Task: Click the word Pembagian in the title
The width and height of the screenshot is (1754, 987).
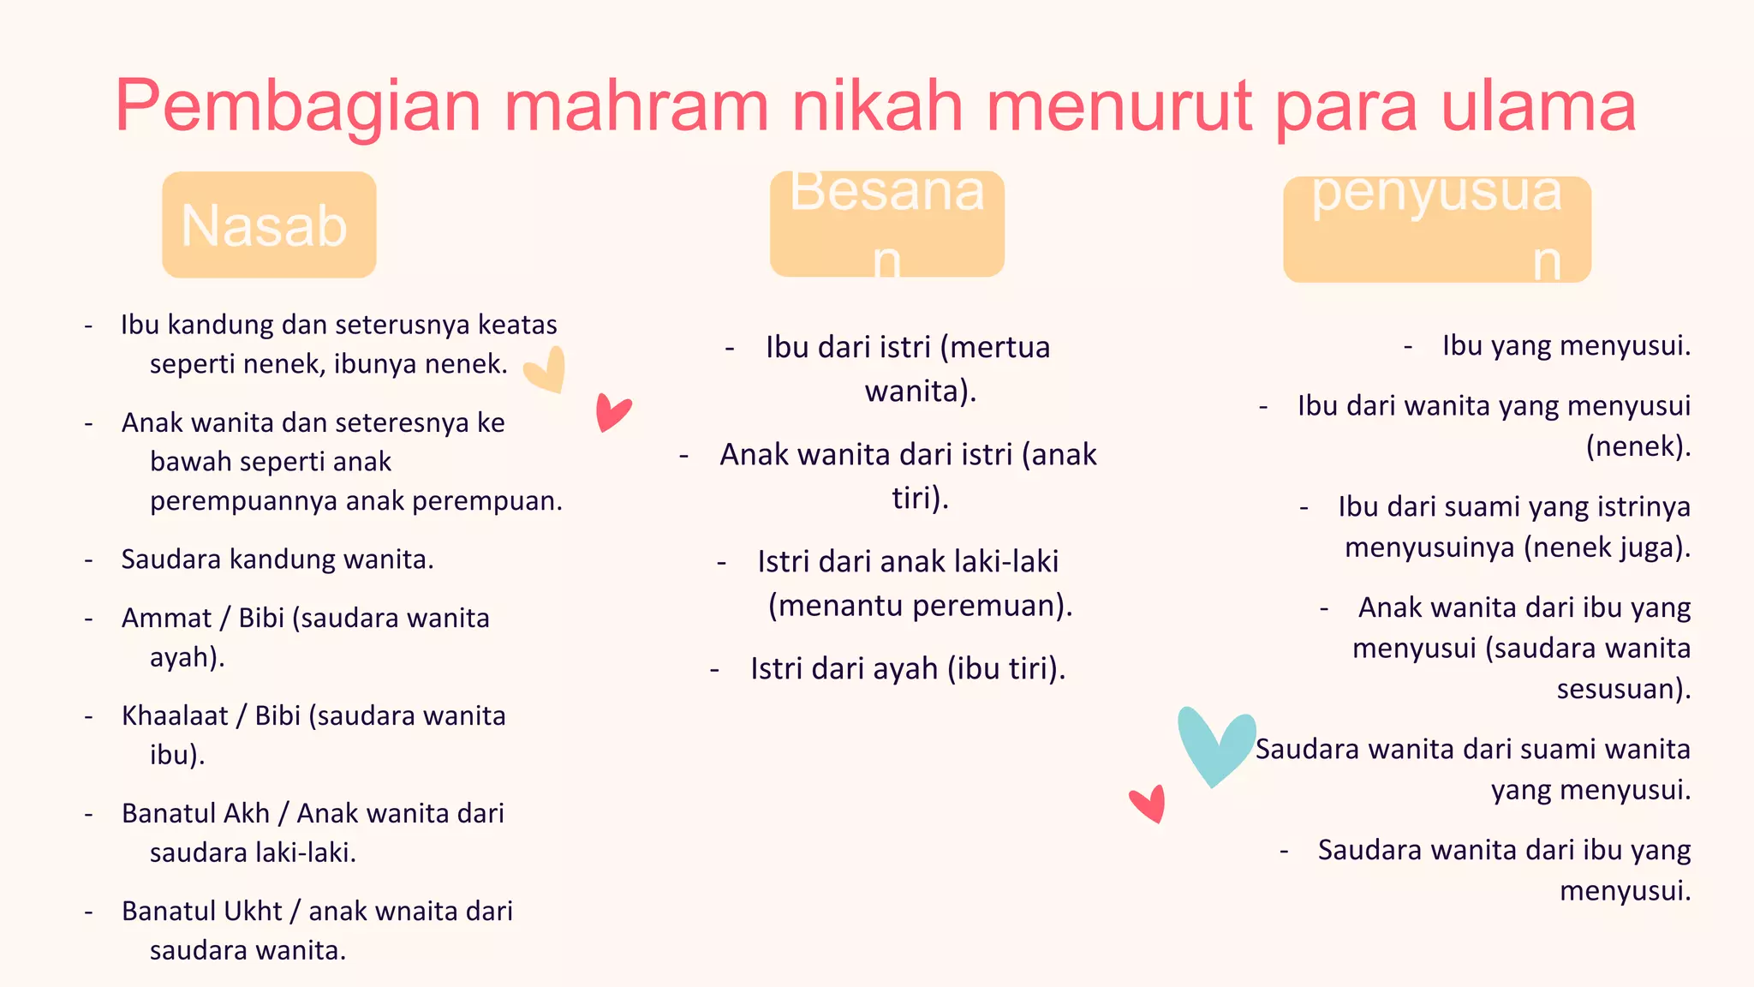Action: (298, 106)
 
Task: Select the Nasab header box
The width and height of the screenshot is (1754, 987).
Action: (269, 224)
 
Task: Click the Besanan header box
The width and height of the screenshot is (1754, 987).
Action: (886, 224)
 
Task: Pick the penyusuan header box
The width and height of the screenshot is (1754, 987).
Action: (1436, 230)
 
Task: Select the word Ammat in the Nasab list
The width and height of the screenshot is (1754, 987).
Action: (166, 618)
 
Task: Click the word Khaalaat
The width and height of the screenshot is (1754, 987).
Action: (175, 715)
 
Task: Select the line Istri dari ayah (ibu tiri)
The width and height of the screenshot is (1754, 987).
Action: (908, 668)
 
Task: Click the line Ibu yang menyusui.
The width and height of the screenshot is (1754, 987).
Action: (1566, 345)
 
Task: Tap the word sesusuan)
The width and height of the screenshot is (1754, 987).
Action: (1623, 689)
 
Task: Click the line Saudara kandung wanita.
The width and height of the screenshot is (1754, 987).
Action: (277, 559)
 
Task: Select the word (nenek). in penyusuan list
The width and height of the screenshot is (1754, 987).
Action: (1638, 446)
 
